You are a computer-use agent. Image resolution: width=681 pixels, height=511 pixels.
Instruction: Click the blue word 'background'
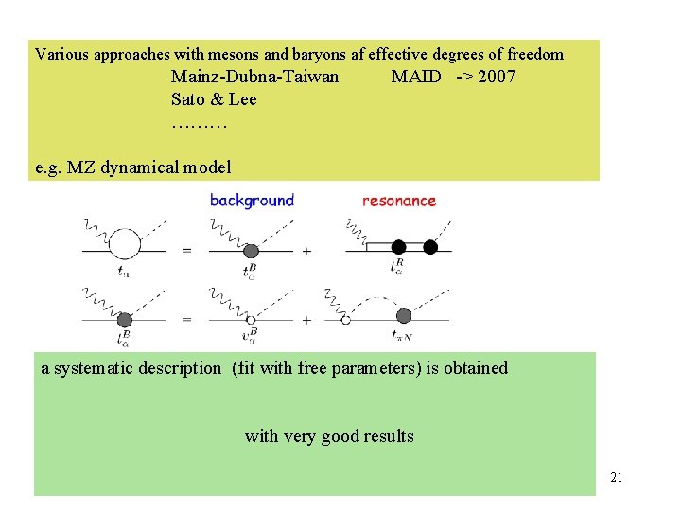[x=252, y=201]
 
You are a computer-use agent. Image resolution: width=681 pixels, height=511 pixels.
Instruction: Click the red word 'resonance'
[x=399, y=201]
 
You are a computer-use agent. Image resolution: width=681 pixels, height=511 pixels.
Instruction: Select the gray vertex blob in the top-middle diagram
[x=252, y=251]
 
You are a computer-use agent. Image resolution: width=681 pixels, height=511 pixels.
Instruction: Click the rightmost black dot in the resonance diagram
[x=430, y=248]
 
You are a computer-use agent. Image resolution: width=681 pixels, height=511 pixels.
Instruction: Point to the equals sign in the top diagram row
[x=186, y=251]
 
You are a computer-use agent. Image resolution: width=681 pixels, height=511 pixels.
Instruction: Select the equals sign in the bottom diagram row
[x=186, y=320]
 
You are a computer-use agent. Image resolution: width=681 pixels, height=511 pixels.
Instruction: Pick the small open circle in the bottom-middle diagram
[x=251, y=320]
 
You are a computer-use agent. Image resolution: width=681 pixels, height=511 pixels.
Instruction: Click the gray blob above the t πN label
[x=404, y=316]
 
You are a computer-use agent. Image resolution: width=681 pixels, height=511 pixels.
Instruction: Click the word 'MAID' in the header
[x=416, y=77]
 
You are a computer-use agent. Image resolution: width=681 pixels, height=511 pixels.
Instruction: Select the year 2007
[x=497, y=77]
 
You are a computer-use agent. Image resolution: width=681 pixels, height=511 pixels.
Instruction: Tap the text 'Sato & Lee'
[x=214, y=99]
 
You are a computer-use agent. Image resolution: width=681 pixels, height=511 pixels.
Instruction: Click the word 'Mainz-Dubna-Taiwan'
[x=254, y=77]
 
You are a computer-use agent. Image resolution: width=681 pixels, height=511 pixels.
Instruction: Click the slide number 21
[x=616, y=478]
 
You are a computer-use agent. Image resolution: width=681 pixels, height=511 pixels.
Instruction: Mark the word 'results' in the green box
[x=389, y=436]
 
